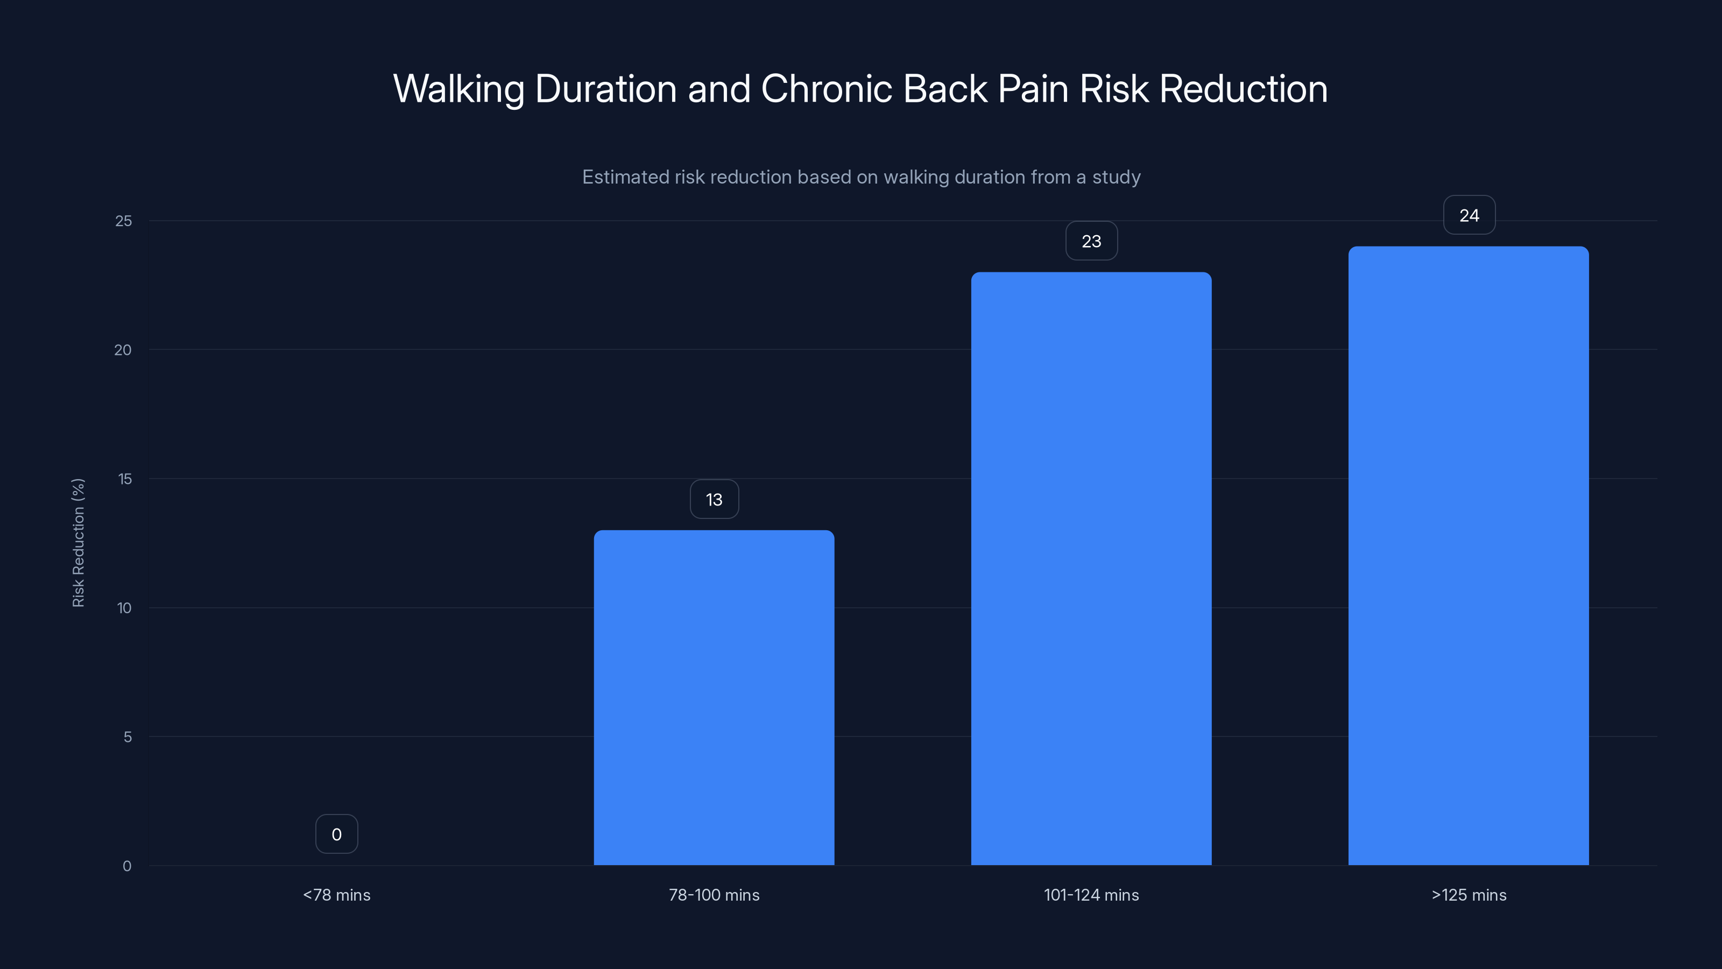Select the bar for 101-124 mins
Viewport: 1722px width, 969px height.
pyautogui.click(x=1091, y=568)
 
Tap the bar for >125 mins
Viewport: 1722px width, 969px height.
pyautogui.click(x=1468, y=556)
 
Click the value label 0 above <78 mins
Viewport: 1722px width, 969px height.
pyautogui.click(x=336, y=834)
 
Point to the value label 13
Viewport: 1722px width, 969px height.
pyautogui.click(x=714, y=499)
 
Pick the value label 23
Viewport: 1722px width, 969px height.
pyautogui.click(x=1091, y=241)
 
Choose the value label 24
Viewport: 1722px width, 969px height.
pyautogui.click(x=1469, y=215)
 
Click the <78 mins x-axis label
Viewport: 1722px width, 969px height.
pyautogui.click(x=336, y=895)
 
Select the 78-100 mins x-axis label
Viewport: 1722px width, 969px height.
pyautogui.click(x=714, y=895)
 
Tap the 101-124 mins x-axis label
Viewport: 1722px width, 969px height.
pyautogui.click(x=1091, y=895)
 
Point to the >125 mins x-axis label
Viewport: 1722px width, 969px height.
pyautogui.click(x=1469, y=895)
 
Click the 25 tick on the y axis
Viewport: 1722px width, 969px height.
pyautogui.click(x=124, y=221)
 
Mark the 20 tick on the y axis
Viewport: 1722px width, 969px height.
pyautogui.click(x=123, y=350)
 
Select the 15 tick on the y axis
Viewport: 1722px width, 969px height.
pyautogui.click(x=124, y=479)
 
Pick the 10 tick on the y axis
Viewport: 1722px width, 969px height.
pyautogui.click(x=124, y=608)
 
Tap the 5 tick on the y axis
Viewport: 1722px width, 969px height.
pyautogui.click(x=127, y=737)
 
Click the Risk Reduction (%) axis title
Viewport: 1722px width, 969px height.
pyautogui.click(x=78, y=542)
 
